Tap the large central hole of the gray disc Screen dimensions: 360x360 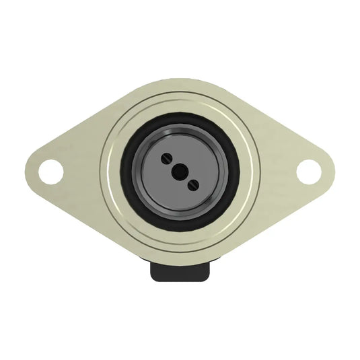(179, 172)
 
